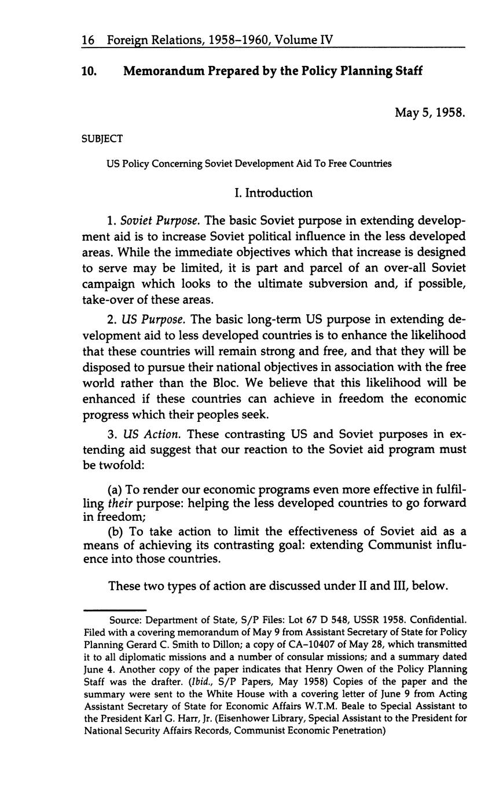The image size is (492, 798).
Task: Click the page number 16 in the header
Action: pyautogui.click(x=88, y=40)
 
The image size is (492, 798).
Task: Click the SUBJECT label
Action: pyautogui.click(x=103, y=138)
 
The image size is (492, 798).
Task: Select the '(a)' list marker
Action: pyautogui.click(x=117, y=489)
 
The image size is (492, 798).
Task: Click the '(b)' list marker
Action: pyautogui.click(x=118, y=531)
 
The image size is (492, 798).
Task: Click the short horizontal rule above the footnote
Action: pyautogui.click(x=115, y=609)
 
